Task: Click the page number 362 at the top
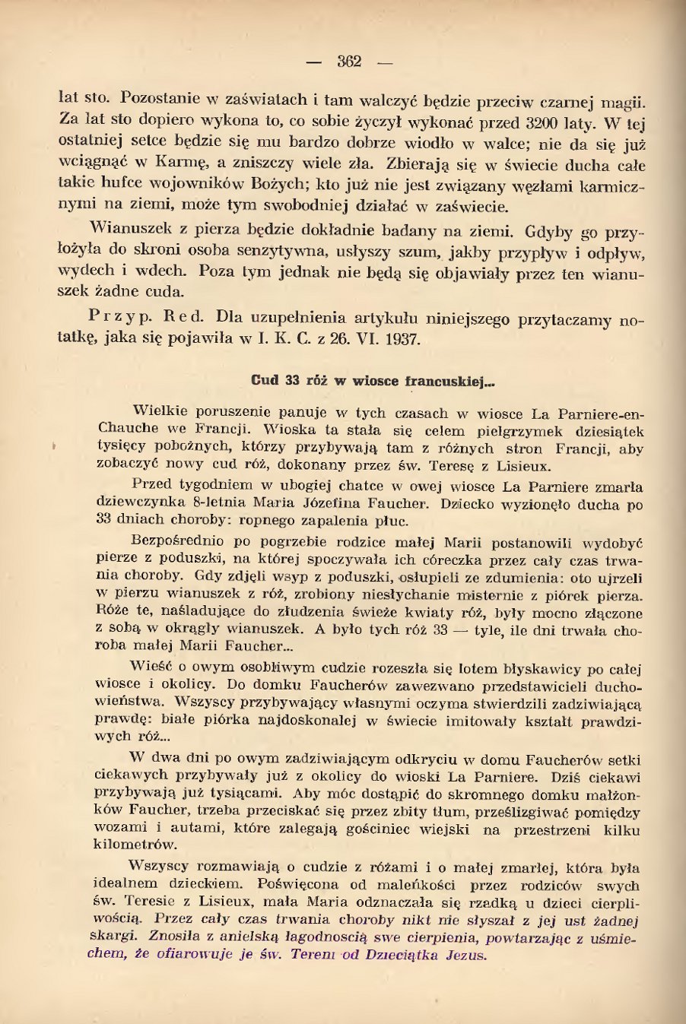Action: click(x=349, y=62)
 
